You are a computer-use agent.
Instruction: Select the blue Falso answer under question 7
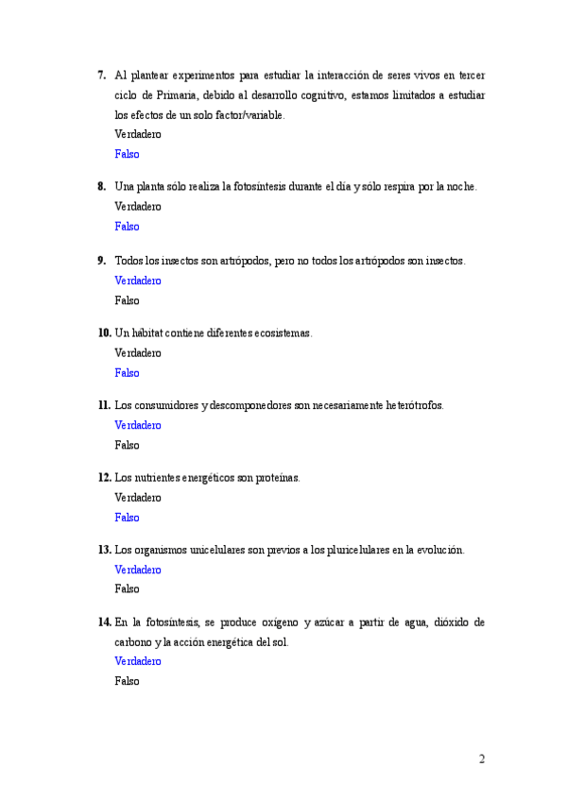tap(127, 154)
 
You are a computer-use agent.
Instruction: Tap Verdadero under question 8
tap(138, 206)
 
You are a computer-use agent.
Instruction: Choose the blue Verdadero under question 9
tap(138, 281)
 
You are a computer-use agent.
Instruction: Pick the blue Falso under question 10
tap(127, 373)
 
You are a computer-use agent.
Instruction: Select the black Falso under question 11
tap(127, 445)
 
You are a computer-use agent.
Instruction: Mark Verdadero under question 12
tap(138, 497)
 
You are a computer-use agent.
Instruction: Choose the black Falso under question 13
tap(127, 588)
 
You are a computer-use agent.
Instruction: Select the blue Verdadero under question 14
tap(138, 661)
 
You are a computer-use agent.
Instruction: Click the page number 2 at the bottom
tap(482, 758)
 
